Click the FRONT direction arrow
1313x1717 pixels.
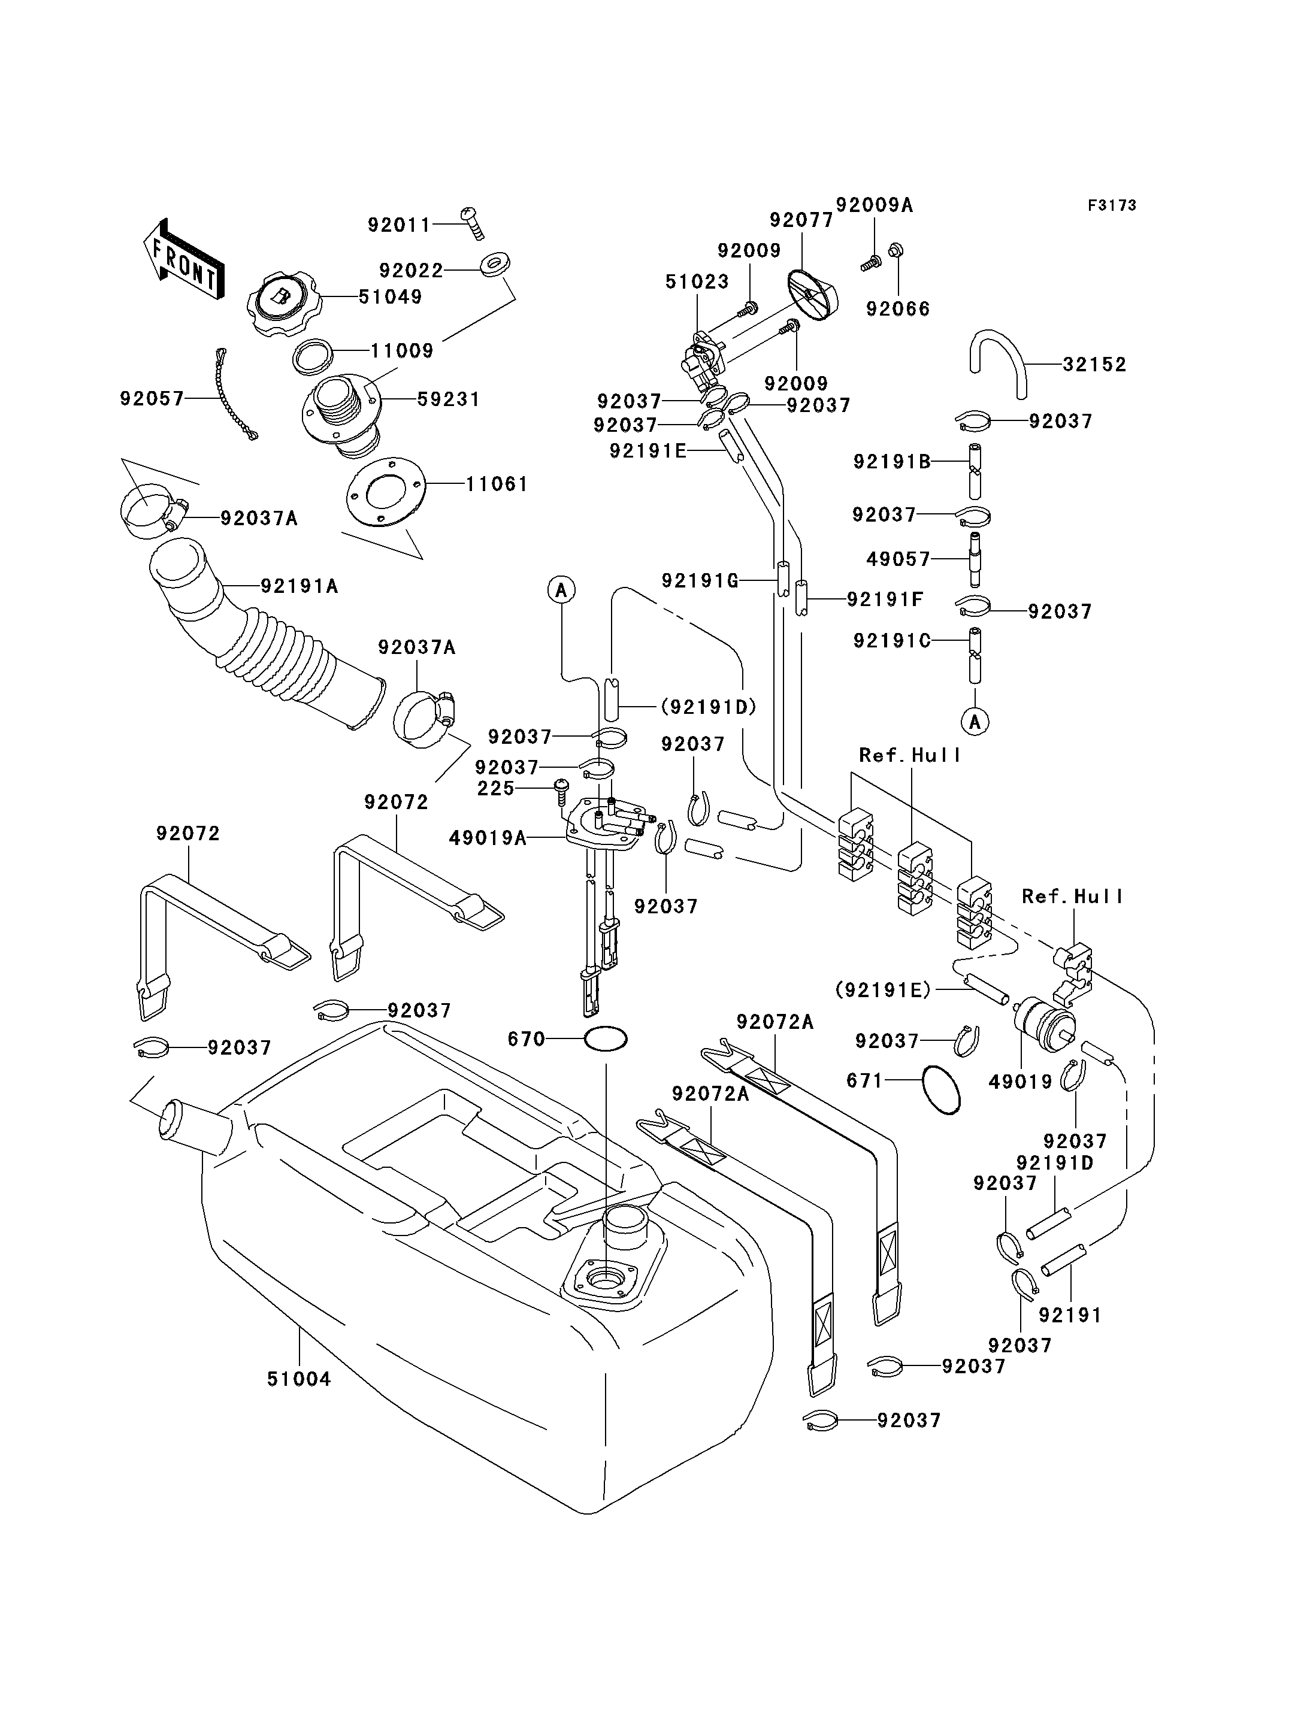(184, 259)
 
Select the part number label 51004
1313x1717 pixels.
(299, 1379)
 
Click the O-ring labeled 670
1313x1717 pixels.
(606, 1040)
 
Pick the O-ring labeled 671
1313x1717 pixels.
(941, 1089)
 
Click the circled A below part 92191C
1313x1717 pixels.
(975, 721)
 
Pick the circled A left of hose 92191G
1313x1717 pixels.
(561, 590)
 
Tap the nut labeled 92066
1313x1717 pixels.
(897, 250)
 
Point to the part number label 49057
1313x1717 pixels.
(898, 559)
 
